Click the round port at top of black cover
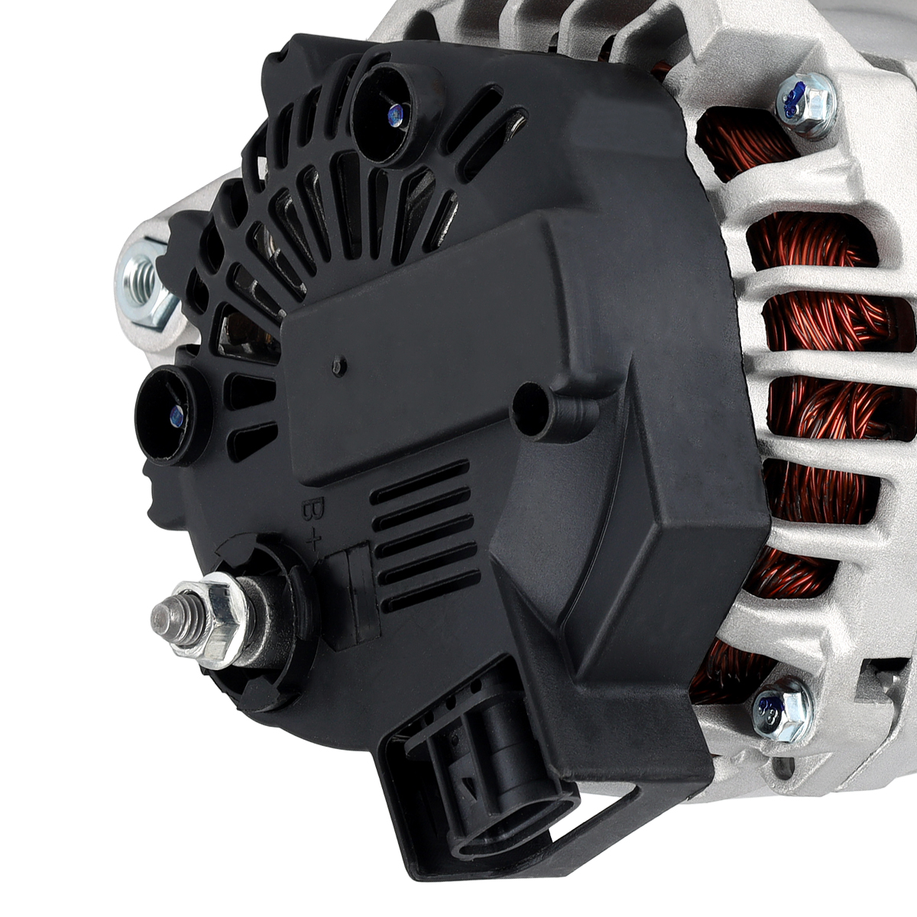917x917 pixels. click(x=389, y=112)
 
